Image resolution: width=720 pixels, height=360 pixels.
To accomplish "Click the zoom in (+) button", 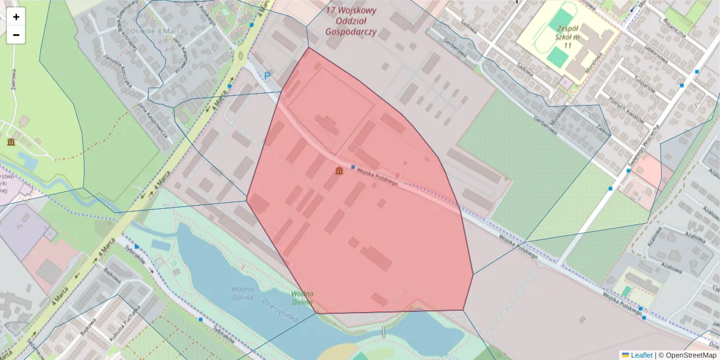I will pyautogui.click(x=16, y=17).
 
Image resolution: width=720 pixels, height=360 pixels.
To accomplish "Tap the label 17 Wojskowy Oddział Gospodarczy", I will pyautogui.click(x=351, y=21).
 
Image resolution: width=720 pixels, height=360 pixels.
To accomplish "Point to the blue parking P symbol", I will pyautogui.click(x=268, y=76).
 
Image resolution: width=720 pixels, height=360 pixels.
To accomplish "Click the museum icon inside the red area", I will pyautogui.click(x=340, y=172).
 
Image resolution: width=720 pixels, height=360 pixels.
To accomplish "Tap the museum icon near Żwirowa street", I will pyautogui.click(x=11, y=142).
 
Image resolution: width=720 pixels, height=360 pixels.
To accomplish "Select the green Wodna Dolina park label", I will pyautogui.click(x=302, y=298).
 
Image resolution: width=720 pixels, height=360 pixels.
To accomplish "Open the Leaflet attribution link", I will pyautogui.click(x=641, y=355).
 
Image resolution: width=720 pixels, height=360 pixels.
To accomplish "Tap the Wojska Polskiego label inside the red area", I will pyautogui.click(x=377, y=178).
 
